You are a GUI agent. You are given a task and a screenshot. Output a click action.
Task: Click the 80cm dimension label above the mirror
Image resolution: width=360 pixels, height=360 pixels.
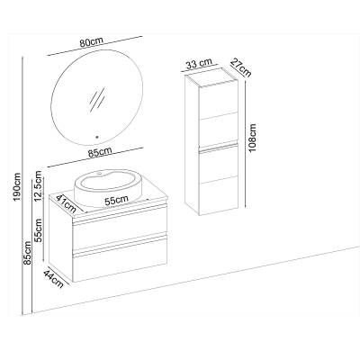coord(92,42)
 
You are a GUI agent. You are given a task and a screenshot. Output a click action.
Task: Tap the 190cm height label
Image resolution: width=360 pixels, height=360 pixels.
coord(17,187)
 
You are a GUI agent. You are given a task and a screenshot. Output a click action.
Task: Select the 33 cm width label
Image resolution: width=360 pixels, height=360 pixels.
coord(199,64)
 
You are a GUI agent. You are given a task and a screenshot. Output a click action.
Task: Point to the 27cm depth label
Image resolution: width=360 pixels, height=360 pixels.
coord(241,68)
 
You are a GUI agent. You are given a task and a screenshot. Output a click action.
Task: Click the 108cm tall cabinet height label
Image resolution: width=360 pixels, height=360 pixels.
coord(253,138)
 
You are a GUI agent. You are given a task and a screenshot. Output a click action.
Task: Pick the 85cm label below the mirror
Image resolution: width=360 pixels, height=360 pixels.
coord(100,152)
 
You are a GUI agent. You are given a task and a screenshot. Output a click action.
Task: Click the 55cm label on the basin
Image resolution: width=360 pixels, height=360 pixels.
coord(116,200)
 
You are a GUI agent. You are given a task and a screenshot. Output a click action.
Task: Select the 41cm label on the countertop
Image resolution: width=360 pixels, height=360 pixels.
coord(66,203)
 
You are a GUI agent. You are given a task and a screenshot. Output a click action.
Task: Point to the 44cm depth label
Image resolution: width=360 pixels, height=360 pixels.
coord(54,279)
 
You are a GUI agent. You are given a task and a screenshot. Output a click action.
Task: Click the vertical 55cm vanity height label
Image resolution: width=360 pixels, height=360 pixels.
coord(38,230)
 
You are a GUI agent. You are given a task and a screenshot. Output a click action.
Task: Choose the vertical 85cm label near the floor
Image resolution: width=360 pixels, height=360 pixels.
coord(28,253)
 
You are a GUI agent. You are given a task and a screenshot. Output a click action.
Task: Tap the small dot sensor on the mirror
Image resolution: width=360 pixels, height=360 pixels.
coord(96,137)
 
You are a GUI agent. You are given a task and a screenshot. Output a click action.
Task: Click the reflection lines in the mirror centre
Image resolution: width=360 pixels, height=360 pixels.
coord(98,99)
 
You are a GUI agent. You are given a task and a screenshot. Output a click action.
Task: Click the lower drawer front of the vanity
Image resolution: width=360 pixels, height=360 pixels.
coord(120,260)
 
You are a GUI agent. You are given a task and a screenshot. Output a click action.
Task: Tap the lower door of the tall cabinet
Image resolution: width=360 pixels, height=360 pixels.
coord(219,179)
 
